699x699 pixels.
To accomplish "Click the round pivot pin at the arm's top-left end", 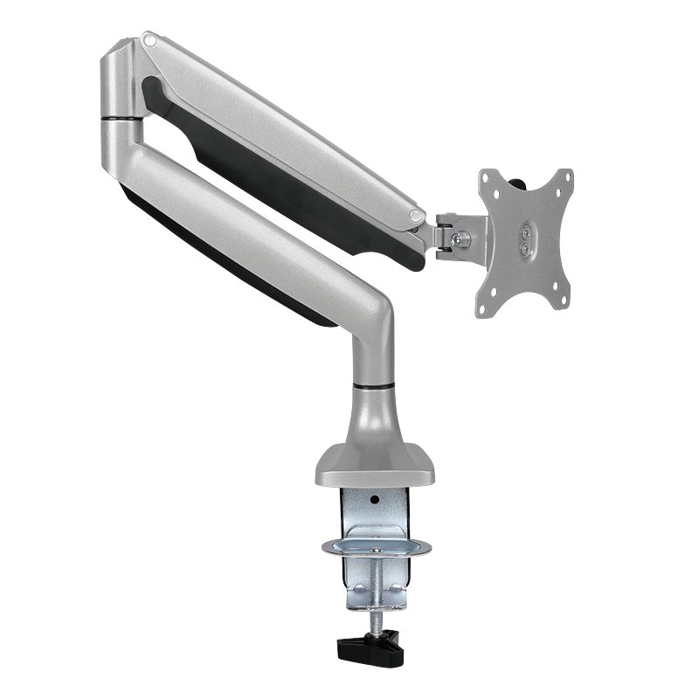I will coord(149,39).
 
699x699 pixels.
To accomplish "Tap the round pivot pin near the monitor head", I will coord(416,213).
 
